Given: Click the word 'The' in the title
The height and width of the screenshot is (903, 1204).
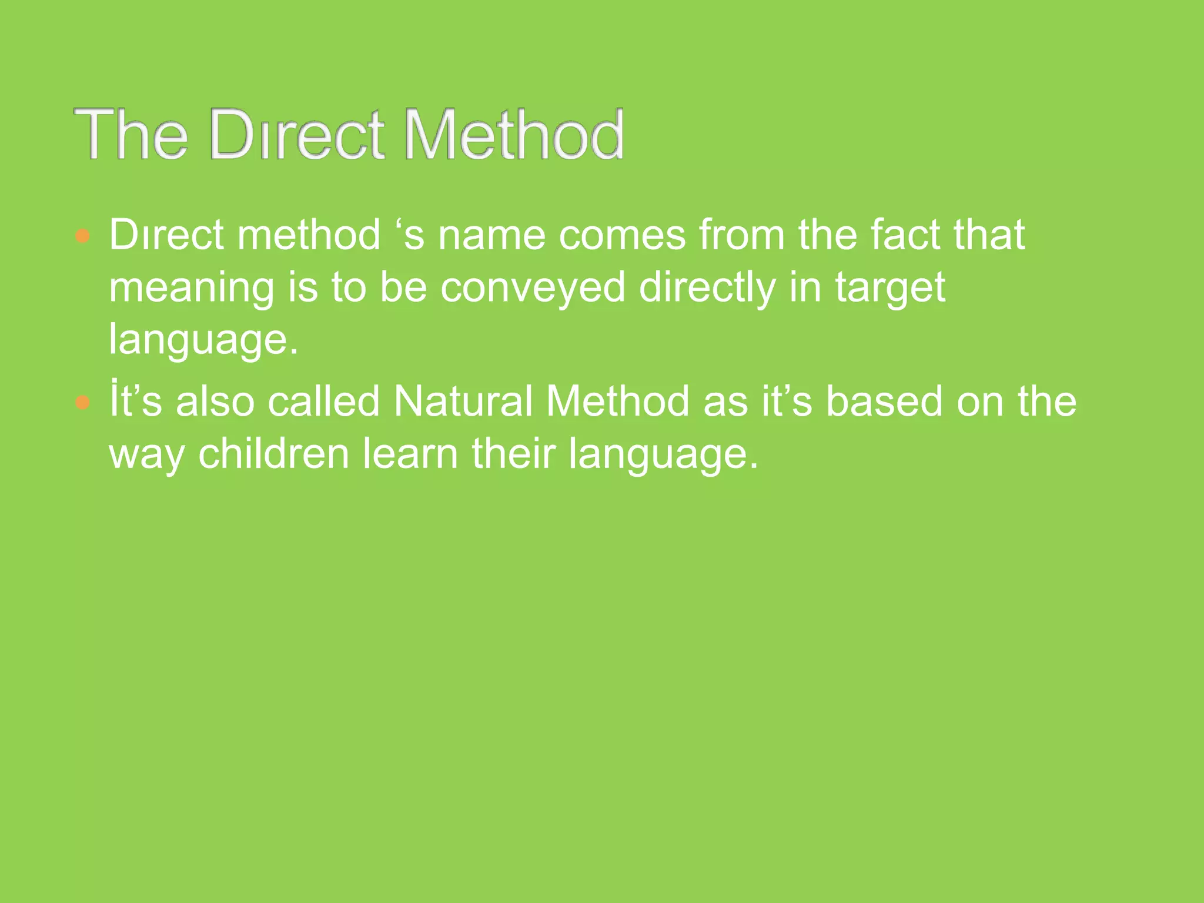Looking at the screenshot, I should (x=131, y=135).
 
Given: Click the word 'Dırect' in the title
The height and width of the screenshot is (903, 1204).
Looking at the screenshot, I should (x=297, y=135).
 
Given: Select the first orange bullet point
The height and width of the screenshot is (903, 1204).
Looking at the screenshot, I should (x=83, y=236).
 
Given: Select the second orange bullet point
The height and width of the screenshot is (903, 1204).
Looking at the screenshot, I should (x=83, y=403).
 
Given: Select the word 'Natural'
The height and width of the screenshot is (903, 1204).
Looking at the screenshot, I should (x=463, y=402).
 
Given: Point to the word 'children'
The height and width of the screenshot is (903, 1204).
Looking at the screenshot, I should (x=274, y=454).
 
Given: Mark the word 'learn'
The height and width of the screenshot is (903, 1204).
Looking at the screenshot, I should (x=410, y=454).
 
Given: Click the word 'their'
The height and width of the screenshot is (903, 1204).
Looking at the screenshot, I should (x=513, y=454).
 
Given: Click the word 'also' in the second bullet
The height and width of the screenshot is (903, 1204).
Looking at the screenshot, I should (x=215, y=402).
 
